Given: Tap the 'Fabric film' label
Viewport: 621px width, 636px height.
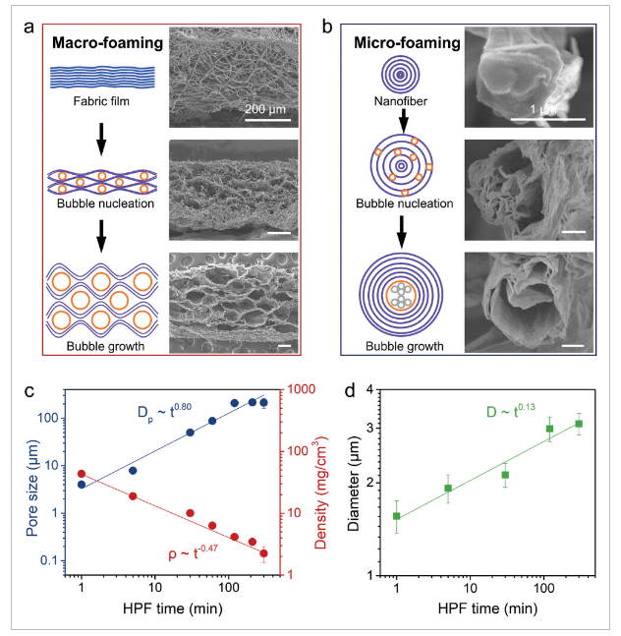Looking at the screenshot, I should click(101, 102).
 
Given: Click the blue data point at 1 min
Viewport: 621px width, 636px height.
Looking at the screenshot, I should click(82, 484).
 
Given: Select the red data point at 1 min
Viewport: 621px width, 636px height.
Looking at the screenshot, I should click(82, 474).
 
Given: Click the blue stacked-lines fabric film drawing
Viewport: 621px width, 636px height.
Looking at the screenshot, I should click(101, 77).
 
